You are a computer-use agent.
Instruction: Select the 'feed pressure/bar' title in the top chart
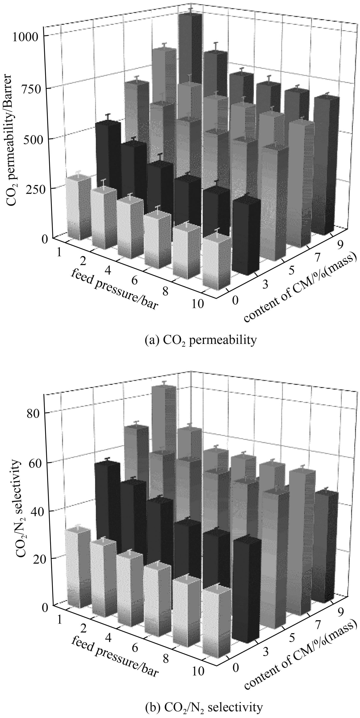coord(114,290)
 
